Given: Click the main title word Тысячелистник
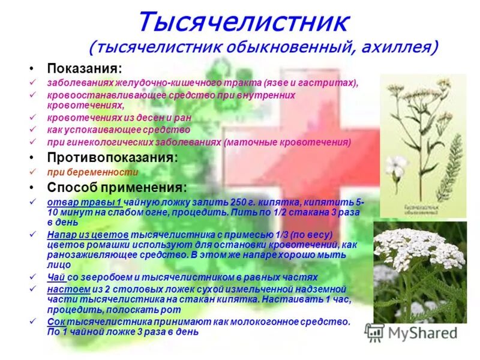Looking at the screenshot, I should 243,23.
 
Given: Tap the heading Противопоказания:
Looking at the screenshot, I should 112,158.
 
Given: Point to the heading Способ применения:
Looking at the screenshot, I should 117,187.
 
